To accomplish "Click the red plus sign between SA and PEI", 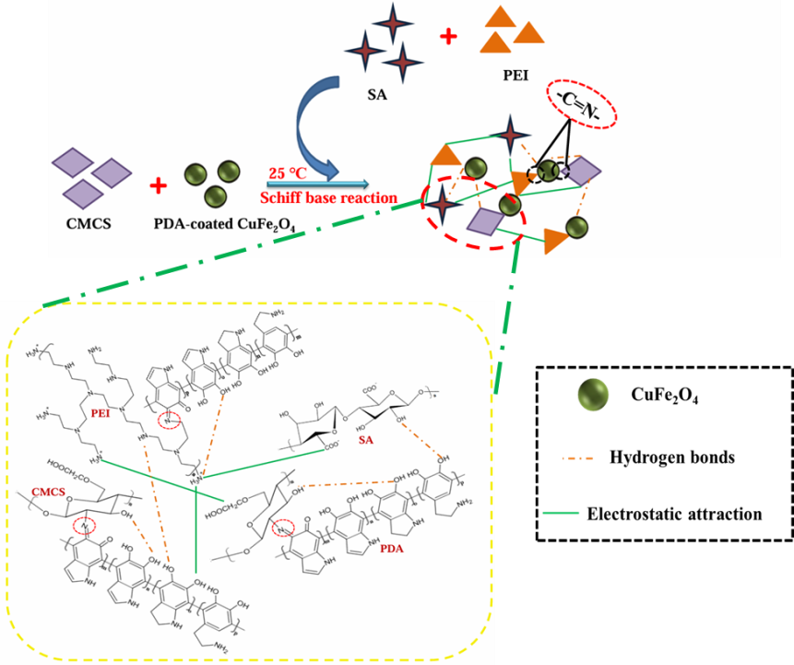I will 449,36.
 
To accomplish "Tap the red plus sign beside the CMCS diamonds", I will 158,185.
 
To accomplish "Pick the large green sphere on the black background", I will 593,394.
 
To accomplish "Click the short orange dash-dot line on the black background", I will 577,457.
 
